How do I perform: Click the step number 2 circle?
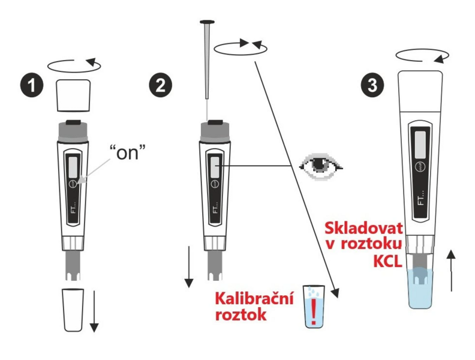tap(161, 85)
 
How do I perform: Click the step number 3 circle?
tap(372, 85)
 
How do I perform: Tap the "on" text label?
tap(127, 152)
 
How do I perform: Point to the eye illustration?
tap(320, 166)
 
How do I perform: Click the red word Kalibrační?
tap(254, 298)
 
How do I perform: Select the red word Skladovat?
tap(363, 228)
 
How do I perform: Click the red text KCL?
tap(387, 262)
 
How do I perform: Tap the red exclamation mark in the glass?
tap(314, 313)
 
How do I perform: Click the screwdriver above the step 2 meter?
tap(207, 60)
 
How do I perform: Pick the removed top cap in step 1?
tap(74, 95)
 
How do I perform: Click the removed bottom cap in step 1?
tap(73, 310)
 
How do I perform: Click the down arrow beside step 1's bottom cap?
tap(94, 311)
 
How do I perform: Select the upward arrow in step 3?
tap(452, 271)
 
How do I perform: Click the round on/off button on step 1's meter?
tap(74, 184)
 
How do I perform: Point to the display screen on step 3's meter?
tap(420, 143)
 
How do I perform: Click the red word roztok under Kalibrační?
tap(241, 314)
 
